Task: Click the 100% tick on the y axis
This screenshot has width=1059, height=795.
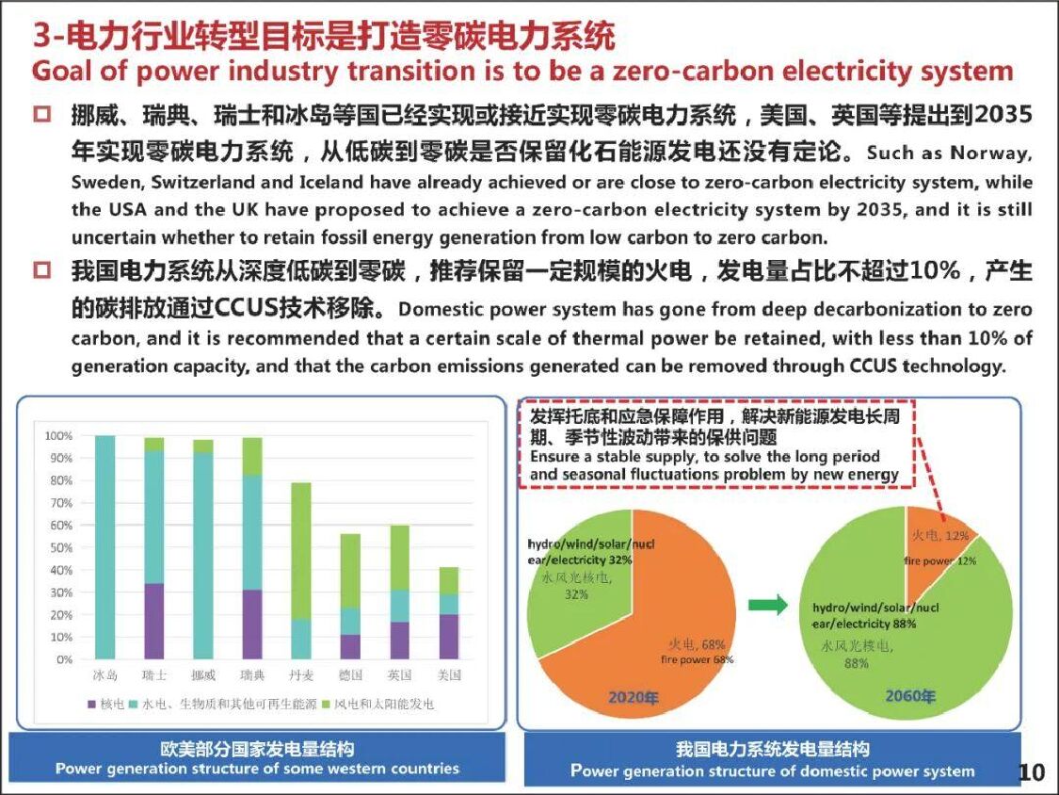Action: (x=58, y=436)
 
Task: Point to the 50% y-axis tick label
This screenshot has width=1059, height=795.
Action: (x=60, y=547)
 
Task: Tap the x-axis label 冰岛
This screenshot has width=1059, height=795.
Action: (x=104, y=675)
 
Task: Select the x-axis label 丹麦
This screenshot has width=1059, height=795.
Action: (x=300, y=675)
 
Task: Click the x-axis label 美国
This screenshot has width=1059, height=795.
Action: (x=448, y=675)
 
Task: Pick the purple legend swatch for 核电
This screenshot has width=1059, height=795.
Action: (x=92, y=704)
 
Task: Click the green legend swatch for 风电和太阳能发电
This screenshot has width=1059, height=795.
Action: (x=326, y=704)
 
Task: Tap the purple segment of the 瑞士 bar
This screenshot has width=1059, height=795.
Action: (x=153, y=621)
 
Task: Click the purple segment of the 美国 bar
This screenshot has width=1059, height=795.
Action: (x=448, y=637)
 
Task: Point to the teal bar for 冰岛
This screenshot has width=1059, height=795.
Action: (x=104, y=546)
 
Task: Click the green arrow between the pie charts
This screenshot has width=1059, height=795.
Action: (x=767, y=607)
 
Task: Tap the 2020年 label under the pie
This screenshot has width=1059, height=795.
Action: (x=633, y=697)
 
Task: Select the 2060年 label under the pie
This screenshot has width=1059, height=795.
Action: (x=909, y=697)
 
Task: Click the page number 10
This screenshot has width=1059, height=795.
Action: (x=1032, y=773)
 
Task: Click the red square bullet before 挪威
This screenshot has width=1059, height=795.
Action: (x=41, y=117)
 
